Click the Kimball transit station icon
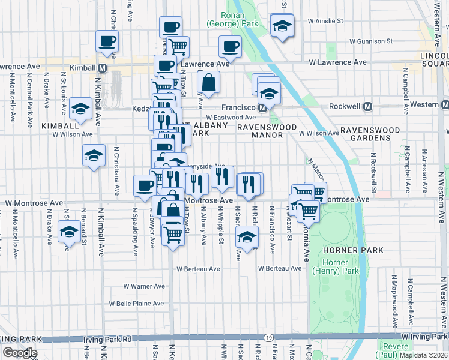click(x=103, y=68)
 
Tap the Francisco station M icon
click(x=262, y=108)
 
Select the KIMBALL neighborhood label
click(x=60, y=126)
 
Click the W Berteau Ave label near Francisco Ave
click(x=280, y=268)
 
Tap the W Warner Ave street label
click(x=144, y=286)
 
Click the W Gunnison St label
click(x=371, y=42)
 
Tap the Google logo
click(x=20, y=353)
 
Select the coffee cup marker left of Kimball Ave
click(x=107, y=41)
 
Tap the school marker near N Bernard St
click(x=69, y=232)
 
